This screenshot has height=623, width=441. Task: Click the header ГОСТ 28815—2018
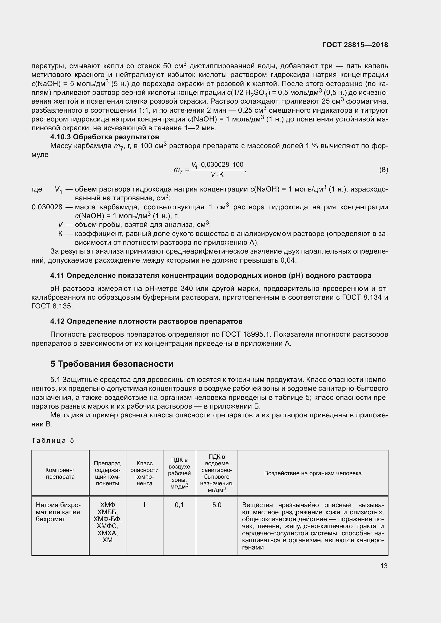(x=355, y=45)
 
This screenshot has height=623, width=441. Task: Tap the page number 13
(x=384, y=566)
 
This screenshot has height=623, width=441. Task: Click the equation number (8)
(x=383, y=170)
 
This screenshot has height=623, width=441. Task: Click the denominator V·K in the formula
(x=217, y=175)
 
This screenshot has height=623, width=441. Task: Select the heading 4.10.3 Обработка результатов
(x=105, y=137)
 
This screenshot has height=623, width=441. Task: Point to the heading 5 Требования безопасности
(x=112, y=364)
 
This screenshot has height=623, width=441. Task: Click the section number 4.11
(x=57, y=276)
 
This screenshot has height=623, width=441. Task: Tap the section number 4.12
(x=57, y=321)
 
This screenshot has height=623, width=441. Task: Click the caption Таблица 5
(x=53, y=440)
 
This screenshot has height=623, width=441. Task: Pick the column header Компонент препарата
(x=60, y=474)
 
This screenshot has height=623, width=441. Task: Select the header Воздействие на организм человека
(x=313, y=474)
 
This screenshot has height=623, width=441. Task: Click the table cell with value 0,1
(x=179, y=505)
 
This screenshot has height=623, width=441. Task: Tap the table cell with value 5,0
(x=217, y=505)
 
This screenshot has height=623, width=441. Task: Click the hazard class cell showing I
(x=145, y=505)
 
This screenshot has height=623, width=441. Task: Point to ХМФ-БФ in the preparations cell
(x=107, y=519)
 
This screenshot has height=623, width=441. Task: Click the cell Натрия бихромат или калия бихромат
(x=58, y=512)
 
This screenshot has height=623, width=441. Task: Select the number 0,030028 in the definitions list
(x=47, y=207)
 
